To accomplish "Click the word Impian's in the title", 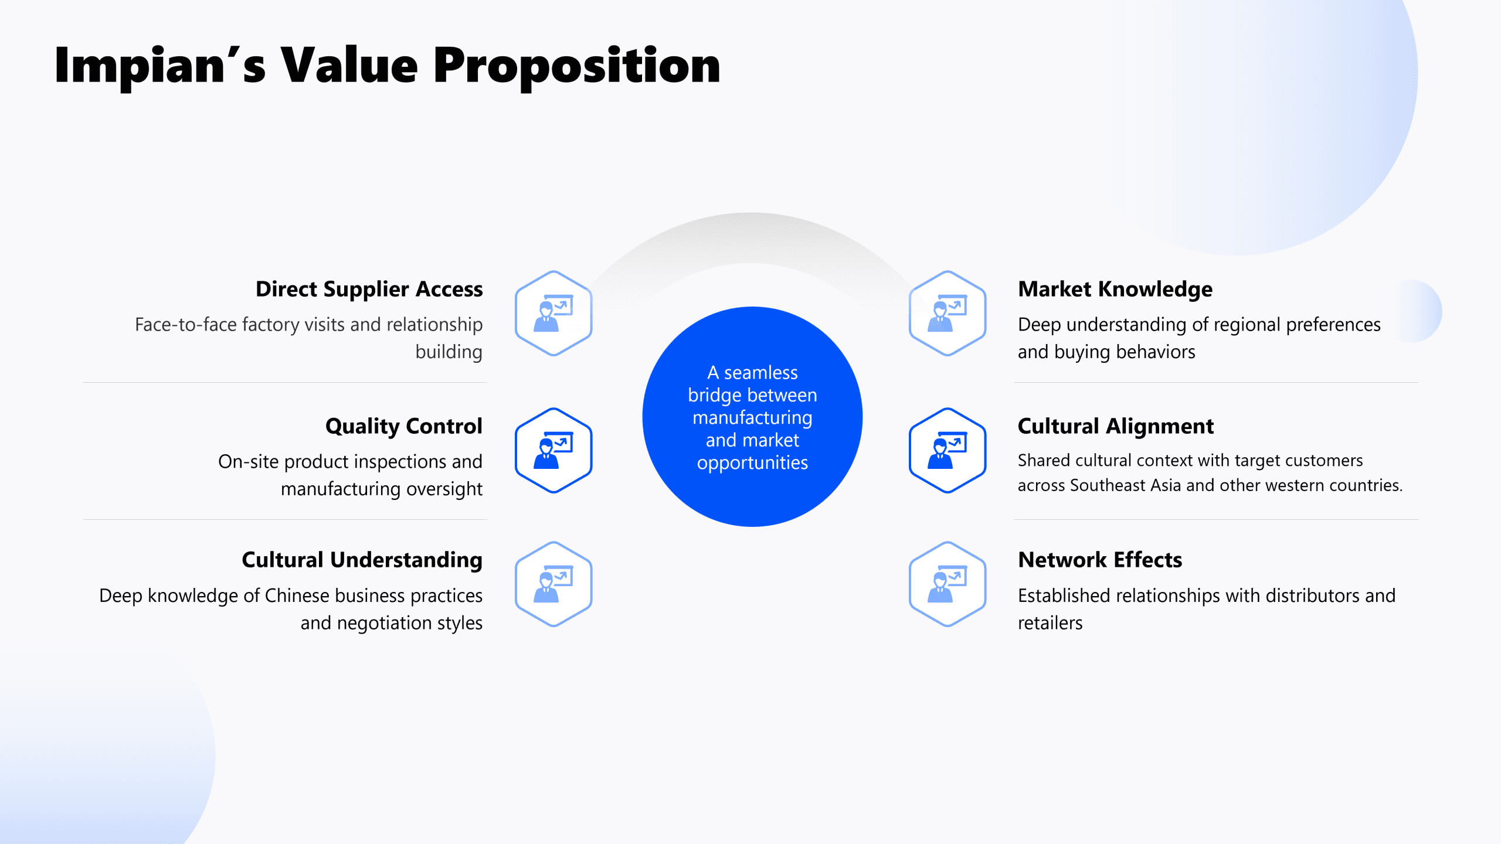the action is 160,66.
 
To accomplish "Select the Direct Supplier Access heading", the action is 369,289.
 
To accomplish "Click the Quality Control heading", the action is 404,427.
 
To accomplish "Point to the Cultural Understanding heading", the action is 362,560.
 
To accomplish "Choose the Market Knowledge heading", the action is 1115,290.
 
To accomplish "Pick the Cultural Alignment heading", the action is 1116,427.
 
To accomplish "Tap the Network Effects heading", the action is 1100,560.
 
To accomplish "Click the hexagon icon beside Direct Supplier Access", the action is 553,313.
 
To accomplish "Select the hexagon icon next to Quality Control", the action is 553,450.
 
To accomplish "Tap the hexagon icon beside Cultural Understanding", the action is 553,584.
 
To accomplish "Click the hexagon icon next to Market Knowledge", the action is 948,313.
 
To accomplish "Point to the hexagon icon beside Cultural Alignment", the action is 948,450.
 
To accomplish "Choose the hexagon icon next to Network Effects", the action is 948,584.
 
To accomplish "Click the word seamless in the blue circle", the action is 760,373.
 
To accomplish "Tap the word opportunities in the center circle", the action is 752,463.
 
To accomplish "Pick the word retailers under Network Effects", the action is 1050,623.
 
